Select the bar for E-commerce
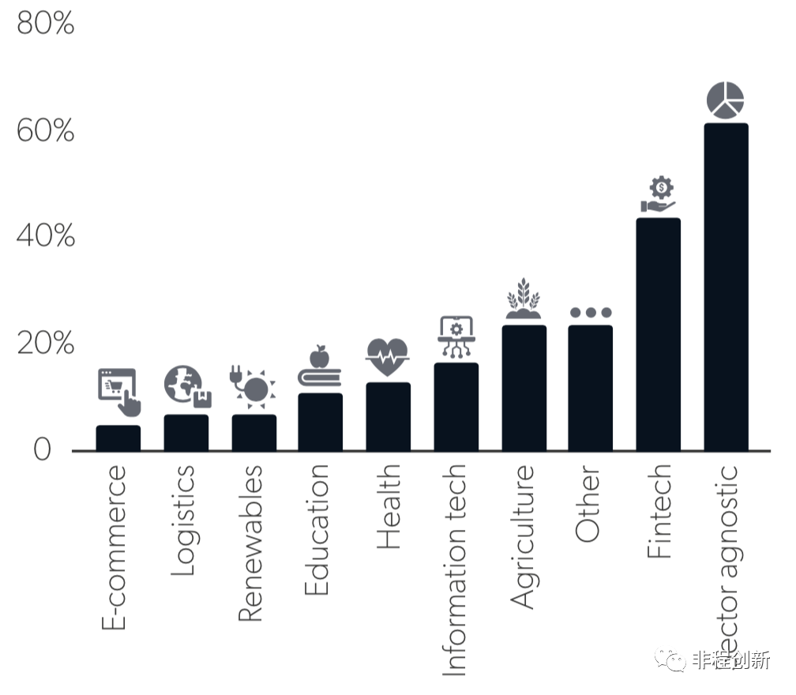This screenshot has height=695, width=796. [118, 438]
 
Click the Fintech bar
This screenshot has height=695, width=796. [659, 334]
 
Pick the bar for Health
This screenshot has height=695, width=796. [388, 416]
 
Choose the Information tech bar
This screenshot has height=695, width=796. [456, 407]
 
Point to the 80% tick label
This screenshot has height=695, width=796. [45, 24]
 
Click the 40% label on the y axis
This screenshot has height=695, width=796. [45, 236]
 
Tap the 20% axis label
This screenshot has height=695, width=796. [45, 344]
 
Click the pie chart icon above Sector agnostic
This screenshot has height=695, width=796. [725, 100]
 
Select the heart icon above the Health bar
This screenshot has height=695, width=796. [388, 357]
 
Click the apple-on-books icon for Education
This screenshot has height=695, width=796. [320, 367]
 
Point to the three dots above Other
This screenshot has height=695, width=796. [591, 313]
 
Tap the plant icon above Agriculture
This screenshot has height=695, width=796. [523, 299]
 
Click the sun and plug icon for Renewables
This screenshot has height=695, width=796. [253, 386]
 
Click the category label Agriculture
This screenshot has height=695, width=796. [523, 537]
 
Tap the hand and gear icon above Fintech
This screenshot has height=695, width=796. [659, 196]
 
